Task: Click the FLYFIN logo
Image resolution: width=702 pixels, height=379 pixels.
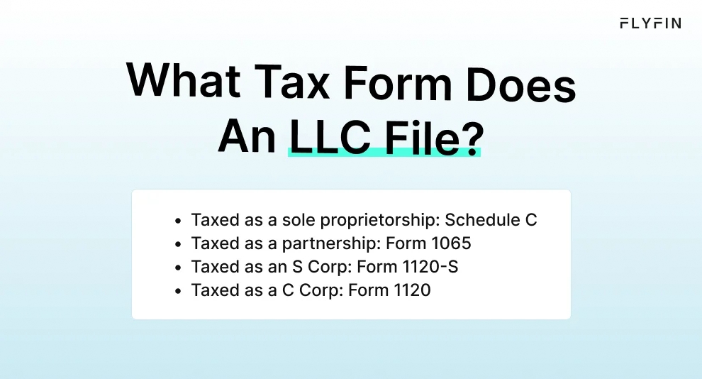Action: pyautogui.click(x=650, y=23)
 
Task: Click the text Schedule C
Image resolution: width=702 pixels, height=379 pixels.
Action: pyautogui.click(x=491, y=220)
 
